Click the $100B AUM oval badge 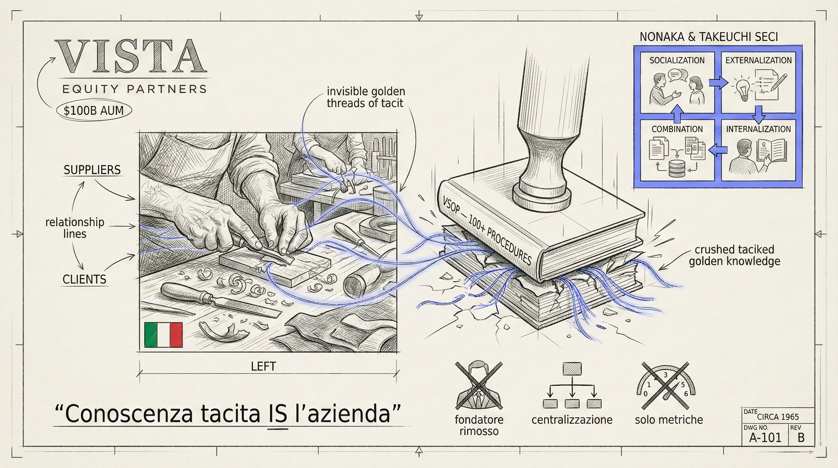pos(94,111)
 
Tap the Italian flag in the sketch pos(163,335)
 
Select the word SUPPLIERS pos(92,170)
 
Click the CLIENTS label pos(84,279)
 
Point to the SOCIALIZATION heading pos(677,61)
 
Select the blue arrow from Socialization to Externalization pos(718,83)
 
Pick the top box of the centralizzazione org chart pos(572,369)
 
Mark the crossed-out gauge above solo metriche pos(666,385)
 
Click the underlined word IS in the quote pos(278,414)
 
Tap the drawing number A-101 pos(765,438)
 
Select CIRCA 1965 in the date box pos(778,417)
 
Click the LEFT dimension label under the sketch pos(263,367)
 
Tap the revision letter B pos(801,438)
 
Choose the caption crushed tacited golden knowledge pos(734,255)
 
